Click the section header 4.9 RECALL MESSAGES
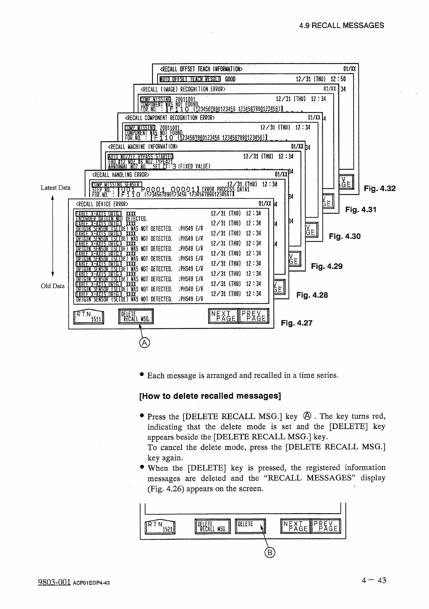[x=342, y=25]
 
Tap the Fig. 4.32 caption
[x=379, y=188]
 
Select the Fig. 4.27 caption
[x=296, y=323]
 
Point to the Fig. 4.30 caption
[x=344, y=237]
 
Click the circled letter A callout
[x=144, y=343]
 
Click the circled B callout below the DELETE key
[x=270, y=552]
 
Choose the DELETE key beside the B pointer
[x=250, y=526]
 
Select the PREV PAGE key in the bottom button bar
[x=326, y=526]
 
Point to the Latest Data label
[x=55, y=187]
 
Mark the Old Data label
[x=53, y=286]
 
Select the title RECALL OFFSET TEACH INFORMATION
[x=201, y=69]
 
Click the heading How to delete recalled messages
[x=210, y=396]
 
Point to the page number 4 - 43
[x=374, y=580]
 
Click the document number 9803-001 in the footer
[x=53, y=582]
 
